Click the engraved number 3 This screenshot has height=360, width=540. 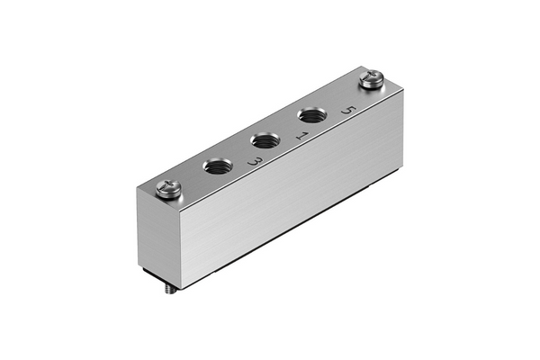click(x=256, y=161)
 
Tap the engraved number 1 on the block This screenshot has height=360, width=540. click(x=302, y=136)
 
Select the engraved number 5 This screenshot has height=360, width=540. click(x=348, y=110)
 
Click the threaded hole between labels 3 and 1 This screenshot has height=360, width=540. click(x=265, y=140)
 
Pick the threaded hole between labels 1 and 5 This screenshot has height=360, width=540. click(x=312, y=115)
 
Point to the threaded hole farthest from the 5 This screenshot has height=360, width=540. click(x=218, y=166)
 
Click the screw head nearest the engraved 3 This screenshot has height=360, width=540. click(x=168, y=189)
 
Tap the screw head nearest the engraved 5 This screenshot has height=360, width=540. click(x=371, y=79)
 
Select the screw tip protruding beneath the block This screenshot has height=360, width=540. click(x=170, y=290)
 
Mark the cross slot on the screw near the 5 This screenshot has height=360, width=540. click(x=372, y=75)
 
